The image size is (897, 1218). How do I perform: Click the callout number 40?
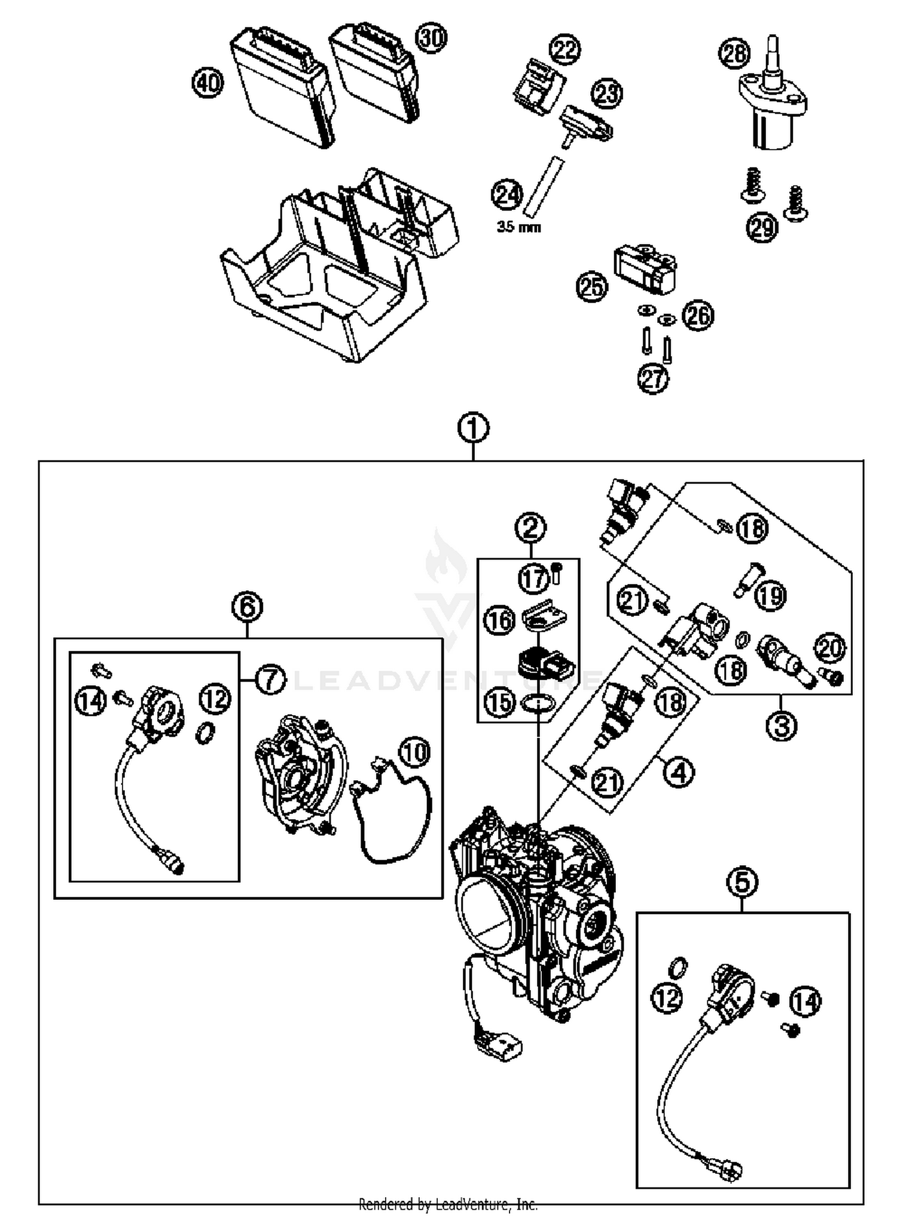click(x=208, y=83)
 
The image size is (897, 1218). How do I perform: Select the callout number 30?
click(x=432, y=39)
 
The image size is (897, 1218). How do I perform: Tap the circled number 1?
click(x=473, y=428)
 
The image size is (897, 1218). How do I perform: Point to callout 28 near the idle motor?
click(x=734, y=54)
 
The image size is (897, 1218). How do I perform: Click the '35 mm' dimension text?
click(x=518, y=227)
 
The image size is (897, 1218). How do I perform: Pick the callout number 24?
click(x=507, y=195)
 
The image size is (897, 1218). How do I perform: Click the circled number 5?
click(x=742, y=882)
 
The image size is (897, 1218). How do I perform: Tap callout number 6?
click(x=248, y=608)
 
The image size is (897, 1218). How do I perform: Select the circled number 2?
click(x=530, y=527)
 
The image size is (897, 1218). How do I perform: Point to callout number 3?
click(x=782, y=725)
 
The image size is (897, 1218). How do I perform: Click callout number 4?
click(x=678, y=773)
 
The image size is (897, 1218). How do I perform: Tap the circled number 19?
click(x=771, y=596)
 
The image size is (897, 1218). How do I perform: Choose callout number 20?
click(x=830, y=648)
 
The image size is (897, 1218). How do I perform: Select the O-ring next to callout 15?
click(x=538, y=704)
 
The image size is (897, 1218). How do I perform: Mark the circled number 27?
click(x=654, y=378)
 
